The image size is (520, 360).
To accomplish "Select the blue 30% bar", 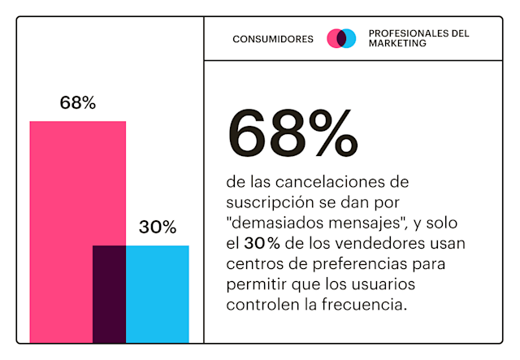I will coord(158,293).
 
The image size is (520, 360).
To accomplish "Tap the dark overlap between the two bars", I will coord(109,293).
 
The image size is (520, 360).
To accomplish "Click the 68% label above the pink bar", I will coord(78,103).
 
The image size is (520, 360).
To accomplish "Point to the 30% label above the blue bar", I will coord(158,228).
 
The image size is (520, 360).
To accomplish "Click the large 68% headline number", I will coord(292,134).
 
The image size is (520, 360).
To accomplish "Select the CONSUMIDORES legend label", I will coord(273,39).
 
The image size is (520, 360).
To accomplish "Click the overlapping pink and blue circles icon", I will coord(341,38).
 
